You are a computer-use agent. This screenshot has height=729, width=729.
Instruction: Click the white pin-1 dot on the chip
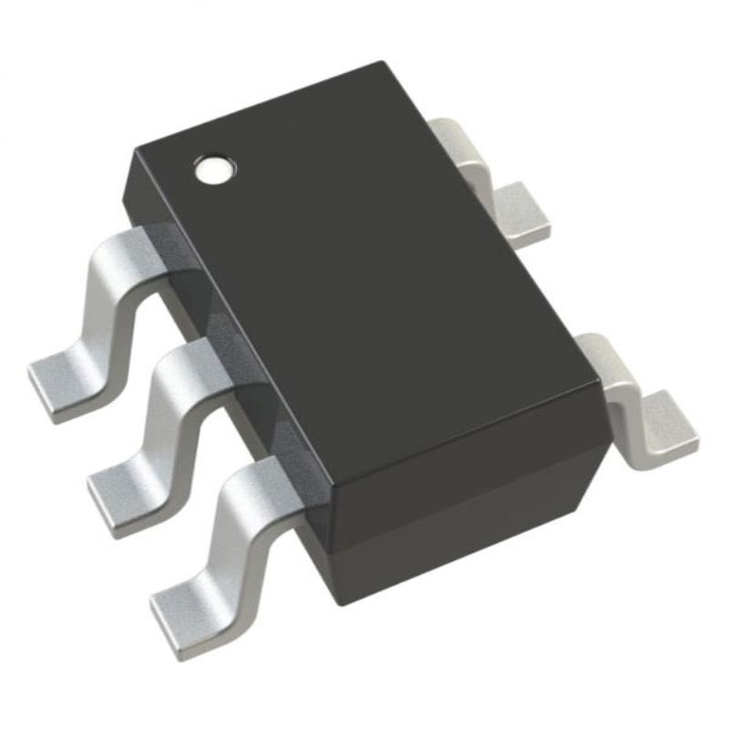click(x=216, y=168)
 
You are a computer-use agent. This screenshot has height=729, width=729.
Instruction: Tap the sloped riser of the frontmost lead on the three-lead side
click(x=223, y=538)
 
